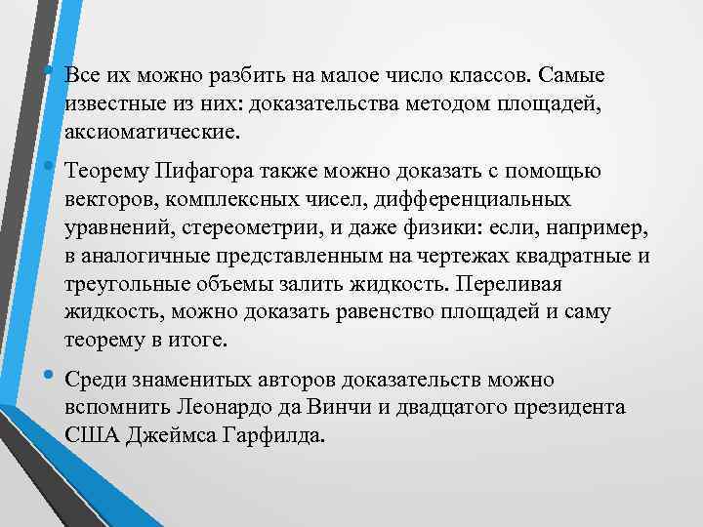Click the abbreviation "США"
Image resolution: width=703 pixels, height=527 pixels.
pos(93,431)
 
